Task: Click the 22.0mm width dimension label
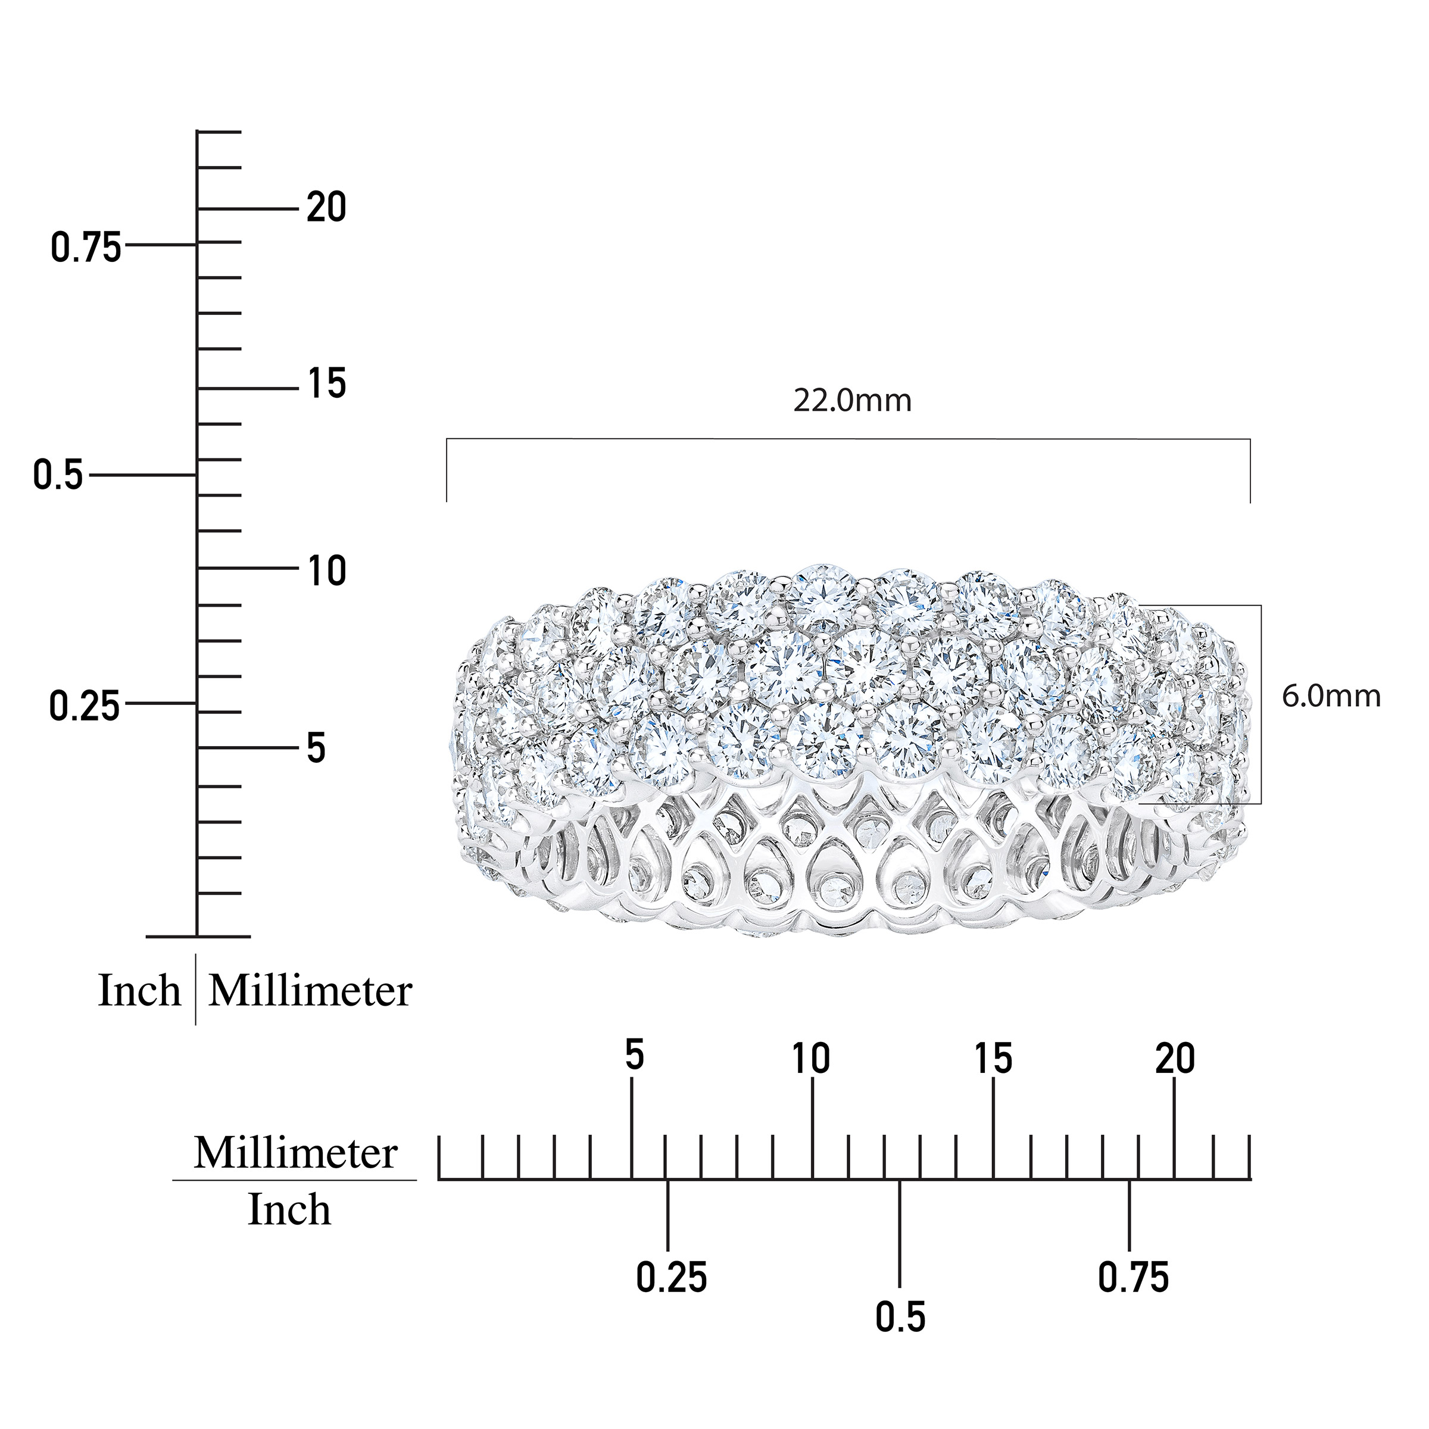pos(852,401)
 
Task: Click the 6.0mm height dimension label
pos(1331,697)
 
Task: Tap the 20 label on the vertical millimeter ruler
pos(326,208)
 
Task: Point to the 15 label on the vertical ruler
pos(327,384)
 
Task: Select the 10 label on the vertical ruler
pos(327,572)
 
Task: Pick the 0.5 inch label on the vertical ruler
pos(58,475)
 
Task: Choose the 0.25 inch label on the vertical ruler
pos(85,706)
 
